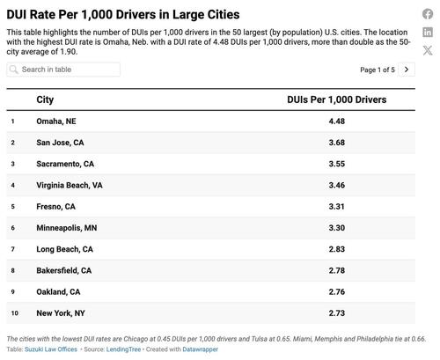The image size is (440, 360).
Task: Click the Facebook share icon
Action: [x=428, y=14]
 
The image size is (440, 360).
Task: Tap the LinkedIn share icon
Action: [x=428, y=32]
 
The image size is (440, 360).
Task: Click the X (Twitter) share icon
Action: [x=428, y=50]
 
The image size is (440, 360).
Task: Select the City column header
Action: [x=45, y=100]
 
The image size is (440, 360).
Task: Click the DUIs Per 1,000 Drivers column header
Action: [x=336, y=100]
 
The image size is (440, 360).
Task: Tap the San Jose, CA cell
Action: [x=61, y=143]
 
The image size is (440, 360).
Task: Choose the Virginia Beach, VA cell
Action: [x=70, y=185]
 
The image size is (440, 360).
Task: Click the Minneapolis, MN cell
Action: [x=67, y=227]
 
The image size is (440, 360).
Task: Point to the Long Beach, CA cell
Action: [x=64, y=249]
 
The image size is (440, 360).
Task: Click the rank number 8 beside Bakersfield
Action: [x=13, y=270]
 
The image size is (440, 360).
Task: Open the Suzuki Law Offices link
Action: [x=52, y=349]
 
